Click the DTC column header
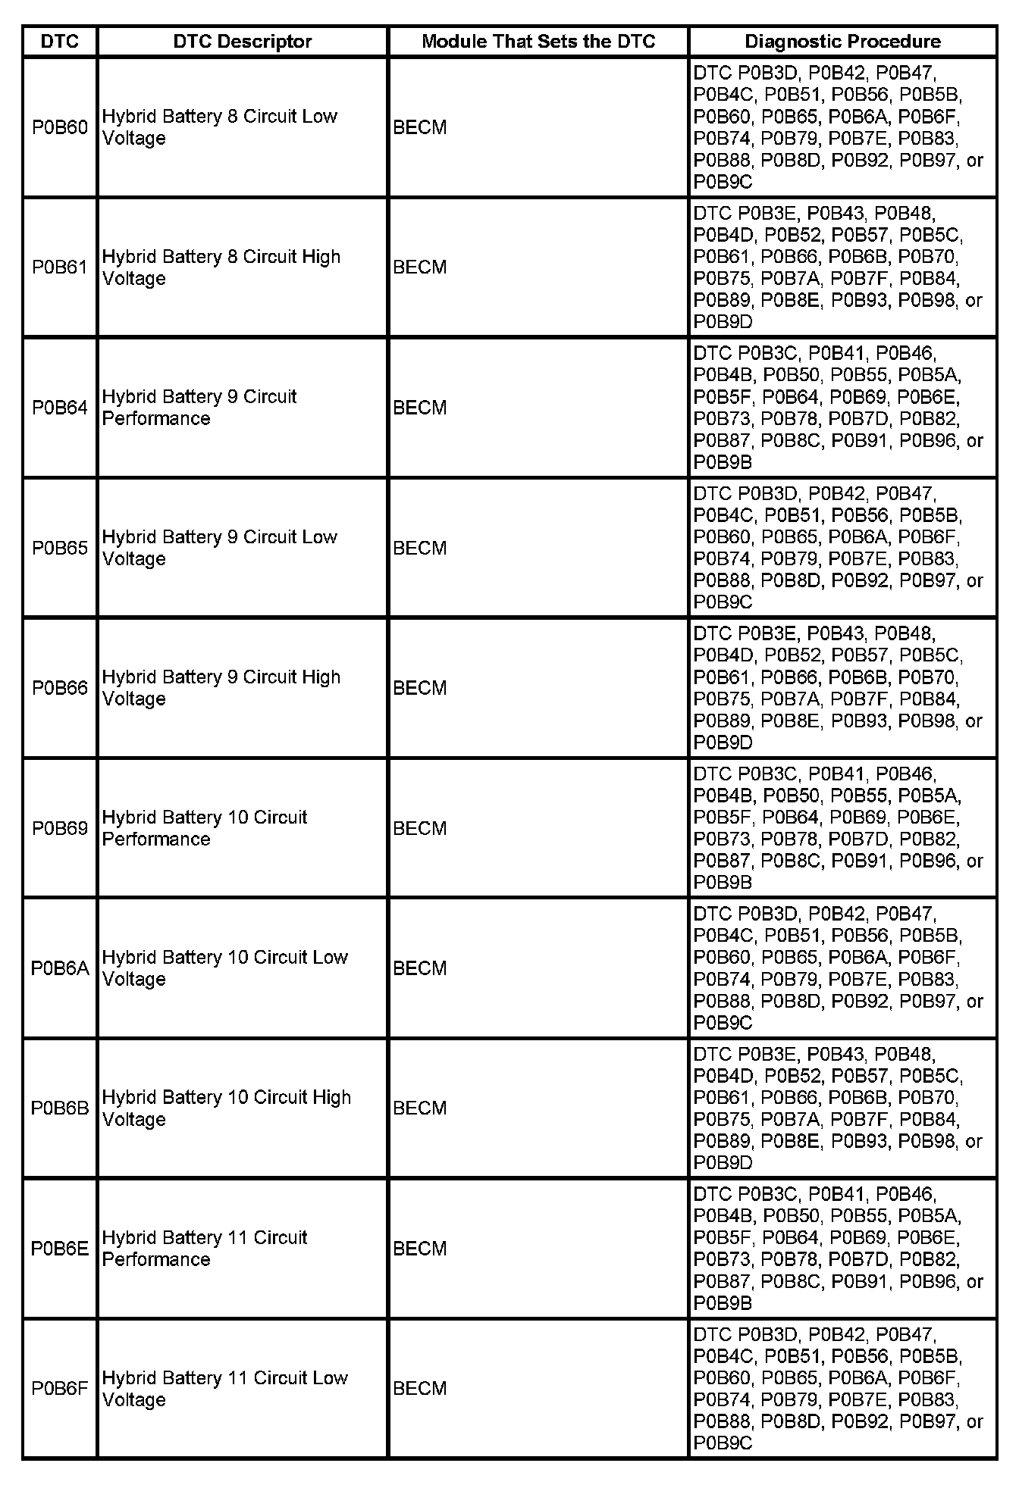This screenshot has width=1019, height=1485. [60, 41]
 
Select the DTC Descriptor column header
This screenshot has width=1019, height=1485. [243, 41]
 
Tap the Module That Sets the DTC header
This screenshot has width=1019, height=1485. [538, 41]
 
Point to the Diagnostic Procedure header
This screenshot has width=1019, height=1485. [842, 41]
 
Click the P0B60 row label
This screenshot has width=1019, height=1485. [60, 127]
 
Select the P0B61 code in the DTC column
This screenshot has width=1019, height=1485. [60, 267]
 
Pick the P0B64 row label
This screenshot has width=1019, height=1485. [60, 408]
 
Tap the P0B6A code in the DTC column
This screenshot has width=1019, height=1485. [60, 968]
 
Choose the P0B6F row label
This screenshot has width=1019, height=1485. [60, 1389]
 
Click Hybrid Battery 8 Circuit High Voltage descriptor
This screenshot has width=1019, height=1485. [221, 267]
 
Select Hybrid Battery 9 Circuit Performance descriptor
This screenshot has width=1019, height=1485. [199, 408]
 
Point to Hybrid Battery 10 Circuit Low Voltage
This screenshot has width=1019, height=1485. [224, 968]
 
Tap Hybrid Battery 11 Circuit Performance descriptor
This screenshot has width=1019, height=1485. [205, 1249]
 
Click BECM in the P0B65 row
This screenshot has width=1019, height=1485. [420, 548]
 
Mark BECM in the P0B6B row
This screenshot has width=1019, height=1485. [420, 1108]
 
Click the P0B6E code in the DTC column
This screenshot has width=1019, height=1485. [60, 1249]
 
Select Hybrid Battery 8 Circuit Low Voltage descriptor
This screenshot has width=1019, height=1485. [220, 127]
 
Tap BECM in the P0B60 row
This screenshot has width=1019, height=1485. [420, 127]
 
